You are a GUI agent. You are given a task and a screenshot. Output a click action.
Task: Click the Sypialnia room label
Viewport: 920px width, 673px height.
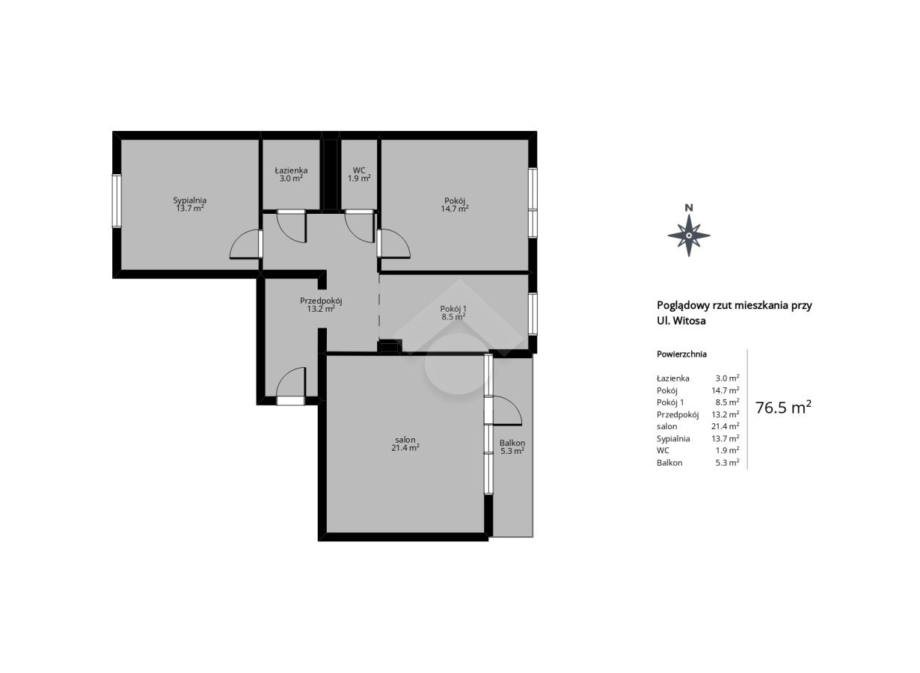pos(190,200)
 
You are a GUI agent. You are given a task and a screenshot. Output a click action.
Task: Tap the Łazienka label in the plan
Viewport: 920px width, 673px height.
pos(291,170)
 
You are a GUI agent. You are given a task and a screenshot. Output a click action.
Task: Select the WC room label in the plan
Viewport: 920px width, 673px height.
pos(359,170)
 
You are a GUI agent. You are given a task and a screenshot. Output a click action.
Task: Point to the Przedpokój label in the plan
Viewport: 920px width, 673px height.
pos(321,301)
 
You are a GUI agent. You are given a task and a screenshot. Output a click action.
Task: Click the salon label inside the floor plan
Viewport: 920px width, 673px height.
pos(405,440)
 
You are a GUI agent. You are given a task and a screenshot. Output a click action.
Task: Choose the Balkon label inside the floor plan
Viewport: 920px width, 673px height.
pos(512,443)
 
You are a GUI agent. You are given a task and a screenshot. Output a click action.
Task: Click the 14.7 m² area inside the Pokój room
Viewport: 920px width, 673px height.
pos(455,209)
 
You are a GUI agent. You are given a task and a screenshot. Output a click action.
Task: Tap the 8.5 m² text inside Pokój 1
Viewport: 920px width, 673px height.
pos(453,316)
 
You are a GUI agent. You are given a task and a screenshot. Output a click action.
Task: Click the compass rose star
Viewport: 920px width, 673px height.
pos(689,236)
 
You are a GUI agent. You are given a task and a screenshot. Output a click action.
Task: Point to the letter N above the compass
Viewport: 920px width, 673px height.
pos(689,208)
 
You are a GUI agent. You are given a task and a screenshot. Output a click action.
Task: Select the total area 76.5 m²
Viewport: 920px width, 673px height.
pos(783,408)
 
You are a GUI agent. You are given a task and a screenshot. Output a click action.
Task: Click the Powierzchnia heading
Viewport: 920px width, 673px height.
pos(682,354)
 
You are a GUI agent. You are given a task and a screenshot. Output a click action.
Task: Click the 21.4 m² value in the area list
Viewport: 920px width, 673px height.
pos(726,426)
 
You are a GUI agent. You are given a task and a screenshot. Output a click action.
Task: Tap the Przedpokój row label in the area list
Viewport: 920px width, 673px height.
pos(678,415)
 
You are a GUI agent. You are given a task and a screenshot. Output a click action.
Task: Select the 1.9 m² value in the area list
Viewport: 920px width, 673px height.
pos(727,450)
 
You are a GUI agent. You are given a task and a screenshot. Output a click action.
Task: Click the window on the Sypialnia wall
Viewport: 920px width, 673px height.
pos(117,201)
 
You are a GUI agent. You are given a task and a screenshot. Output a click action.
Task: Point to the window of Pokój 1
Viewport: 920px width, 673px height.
pos(533,314)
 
